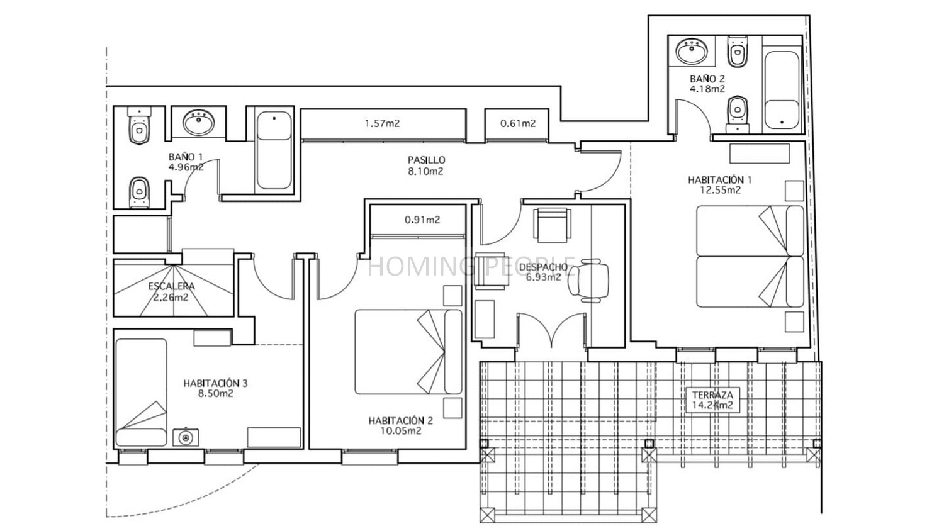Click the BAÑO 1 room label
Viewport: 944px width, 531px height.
[x=186, y=157]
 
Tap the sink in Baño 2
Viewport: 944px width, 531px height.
[x=692, y=51]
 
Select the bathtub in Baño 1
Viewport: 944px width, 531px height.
[x=274, y=150]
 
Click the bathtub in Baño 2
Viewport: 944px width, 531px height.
[x=782, y=90]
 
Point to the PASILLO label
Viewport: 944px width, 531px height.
[x=426, y=160]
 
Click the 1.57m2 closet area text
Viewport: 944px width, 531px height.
[x=382, y=123]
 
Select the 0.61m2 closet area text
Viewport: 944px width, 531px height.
[x=518, y=123]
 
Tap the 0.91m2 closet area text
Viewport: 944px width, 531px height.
[x=422, y=220]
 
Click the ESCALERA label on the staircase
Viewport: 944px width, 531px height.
[x=172, y=286]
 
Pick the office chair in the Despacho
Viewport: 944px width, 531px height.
[x=588, y=280]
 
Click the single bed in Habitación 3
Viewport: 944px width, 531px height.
[x=141, y=393]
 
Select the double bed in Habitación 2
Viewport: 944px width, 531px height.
[x=408, y=352]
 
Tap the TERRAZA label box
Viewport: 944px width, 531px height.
[x=712, y=400]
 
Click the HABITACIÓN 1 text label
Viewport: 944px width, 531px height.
[x=720, y=180]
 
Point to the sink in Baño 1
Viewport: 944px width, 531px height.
[x=198, y=122]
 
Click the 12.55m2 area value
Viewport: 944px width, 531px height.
[x=720, y=190]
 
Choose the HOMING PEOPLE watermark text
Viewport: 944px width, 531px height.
[x=472, y=266]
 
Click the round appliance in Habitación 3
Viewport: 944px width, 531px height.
[x=186, y=437]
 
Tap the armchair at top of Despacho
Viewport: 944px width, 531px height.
[x=553, y=225]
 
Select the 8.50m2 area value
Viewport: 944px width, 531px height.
[x=216, y=394]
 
